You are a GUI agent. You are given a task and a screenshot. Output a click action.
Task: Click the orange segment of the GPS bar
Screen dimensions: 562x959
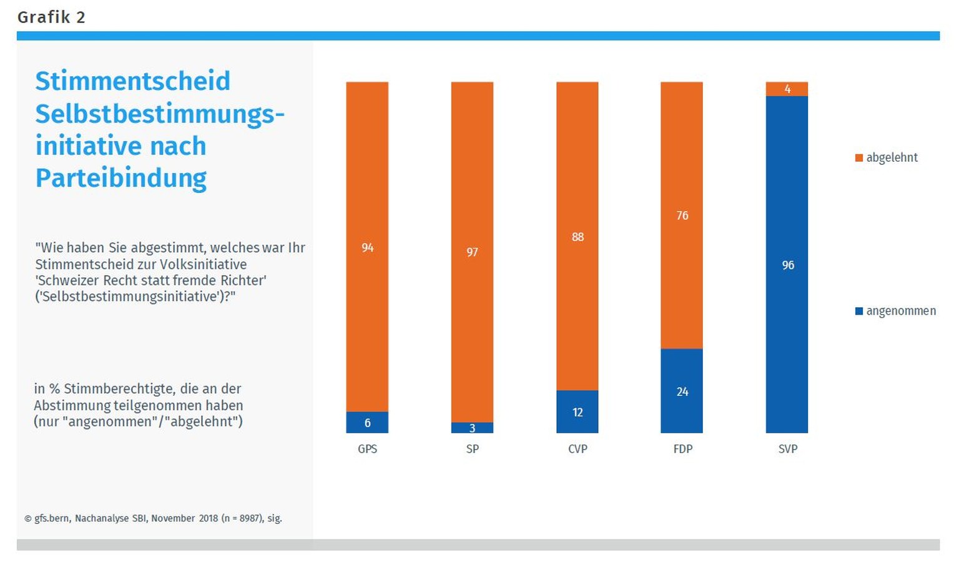click(367, 187)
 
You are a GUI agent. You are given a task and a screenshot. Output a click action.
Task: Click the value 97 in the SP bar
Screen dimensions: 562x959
click(472, 252)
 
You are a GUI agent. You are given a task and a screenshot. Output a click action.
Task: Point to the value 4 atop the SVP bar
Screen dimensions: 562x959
click(787, 89)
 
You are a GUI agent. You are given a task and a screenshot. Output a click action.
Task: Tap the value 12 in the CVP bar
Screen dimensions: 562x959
click(578, 412)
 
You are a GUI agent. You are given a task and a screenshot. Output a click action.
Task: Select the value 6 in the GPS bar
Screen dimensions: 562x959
click(367, 423)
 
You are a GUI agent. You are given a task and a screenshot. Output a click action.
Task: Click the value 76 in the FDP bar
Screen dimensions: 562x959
click(682, 215)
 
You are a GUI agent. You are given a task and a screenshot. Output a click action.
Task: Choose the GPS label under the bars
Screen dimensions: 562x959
click(367, 449)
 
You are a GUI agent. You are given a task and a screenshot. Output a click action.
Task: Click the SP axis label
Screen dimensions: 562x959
click(472, 449)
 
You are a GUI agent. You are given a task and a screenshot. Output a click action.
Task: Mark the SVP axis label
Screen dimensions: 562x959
click(787, 449)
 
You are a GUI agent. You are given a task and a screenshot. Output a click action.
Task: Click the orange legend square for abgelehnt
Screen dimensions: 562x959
click(859, 158)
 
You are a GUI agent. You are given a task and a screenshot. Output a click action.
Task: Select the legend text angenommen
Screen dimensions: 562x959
click(901, 311)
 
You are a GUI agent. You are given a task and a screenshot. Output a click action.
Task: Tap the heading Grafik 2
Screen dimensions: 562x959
click(51, 17)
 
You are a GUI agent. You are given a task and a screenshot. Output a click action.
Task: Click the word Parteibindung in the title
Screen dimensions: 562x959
click(120, 178)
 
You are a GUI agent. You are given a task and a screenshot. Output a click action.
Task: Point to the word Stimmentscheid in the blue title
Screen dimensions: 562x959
click(132, 81)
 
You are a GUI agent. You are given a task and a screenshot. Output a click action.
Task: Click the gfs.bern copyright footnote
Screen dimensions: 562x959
click(153, 518)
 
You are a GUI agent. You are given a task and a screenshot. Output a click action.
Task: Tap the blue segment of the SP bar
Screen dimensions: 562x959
click(472, 428)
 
